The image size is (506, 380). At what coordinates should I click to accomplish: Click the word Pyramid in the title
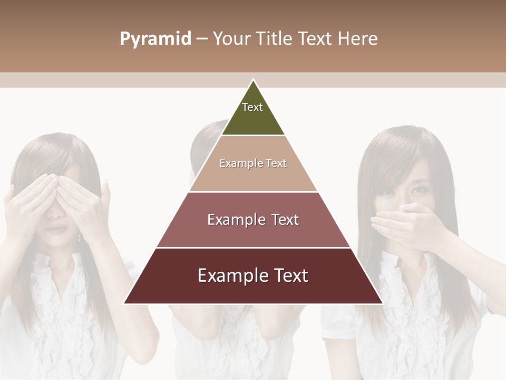[x=155, y=39]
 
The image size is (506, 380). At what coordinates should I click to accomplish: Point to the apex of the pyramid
[x=253, y=80]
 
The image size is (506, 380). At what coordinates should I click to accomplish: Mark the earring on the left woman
[x=80, y=238]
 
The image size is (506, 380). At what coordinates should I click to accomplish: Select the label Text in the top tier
[x=252, y=107]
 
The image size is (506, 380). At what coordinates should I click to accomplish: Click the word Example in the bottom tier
[x=231, y=275]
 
